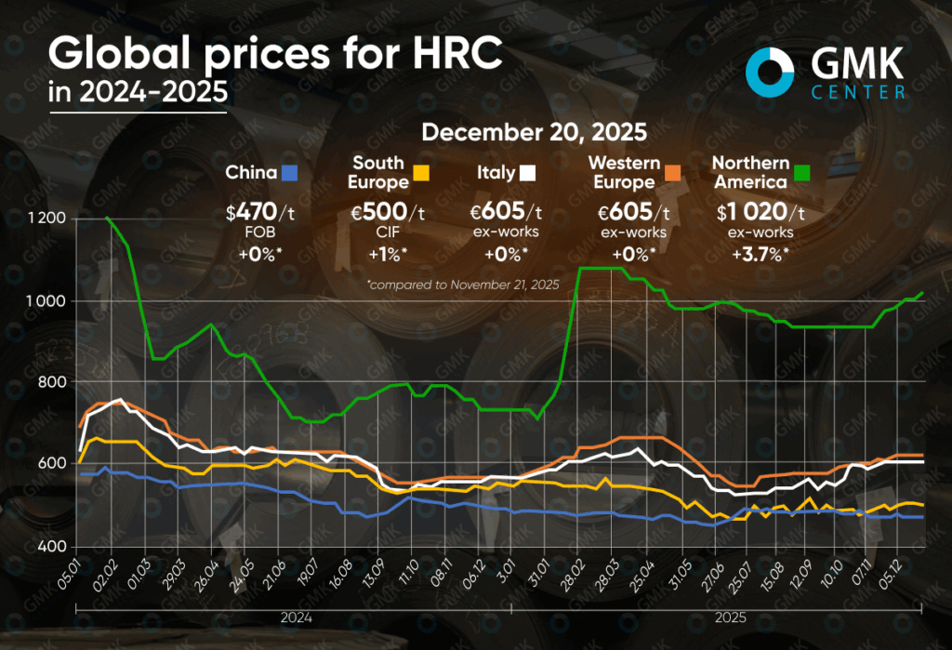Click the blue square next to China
[x=289, y=173]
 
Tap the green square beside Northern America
[x=800, y=173]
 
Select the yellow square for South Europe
[x=421, y=173]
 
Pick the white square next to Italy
[x=527, y=173]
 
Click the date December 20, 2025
[x=534, y=132]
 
